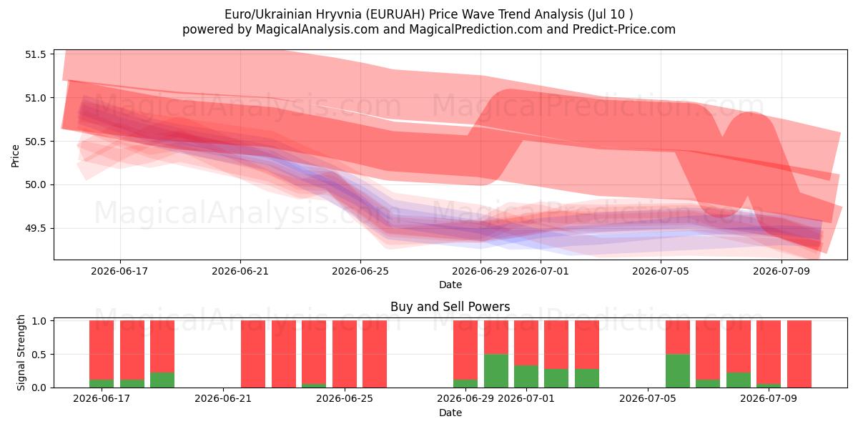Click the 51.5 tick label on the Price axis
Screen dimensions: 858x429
pyautogui.click(x=35, y=54)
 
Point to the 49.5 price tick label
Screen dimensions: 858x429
pyautogui.click(x=35, y=228)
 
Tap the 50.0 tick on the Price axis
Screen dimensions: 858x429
pyautogui.click(x=35, y=185)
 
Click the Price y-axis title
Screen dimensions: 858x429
pyautogui.click(x=15, y=156)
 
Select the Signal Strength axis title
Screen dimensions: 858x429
pyautogui.click(x=21, y=352)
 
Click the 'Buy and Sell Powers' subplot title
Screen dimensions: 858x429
pyautogui.click(x=450, y=307)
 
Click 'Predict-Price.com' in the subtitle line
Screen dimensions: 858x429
pyautogui.click(x=624, y=29)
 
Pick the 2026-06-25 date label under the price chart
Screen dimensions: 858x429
pyautogui.click(x=360, y=271)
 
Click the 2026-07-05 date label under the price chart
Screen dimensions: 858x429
pyautogui.click(x=661, y=271)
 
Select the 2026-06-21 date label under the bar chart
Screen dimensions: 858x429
pyautogui.click(x=223, y=398)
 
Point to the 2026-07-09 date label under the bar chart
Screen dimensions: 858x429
pyautogui.click(x=769, y=398)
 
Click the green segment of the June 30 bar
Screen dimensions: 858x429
pyautogui.click(x=496, y=371)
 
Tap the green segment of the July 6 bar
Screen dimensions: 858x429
pyautogui.click(x=678, y=371)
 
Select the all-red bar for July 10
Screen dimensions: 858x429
pyautogui.click(x=799, y=354)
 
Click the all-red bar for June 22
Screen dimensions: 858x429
pyautogui.click(x=253, y=354)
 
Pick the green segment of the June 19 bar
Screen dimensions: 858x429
pyautogui.click(x=162, y=380)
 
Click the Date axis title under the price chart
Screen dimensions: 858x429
pyautogui.click(x=450, y=285)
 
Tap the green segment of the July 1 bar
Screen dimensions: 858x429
pyautogui.click(x=526, y=377)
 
